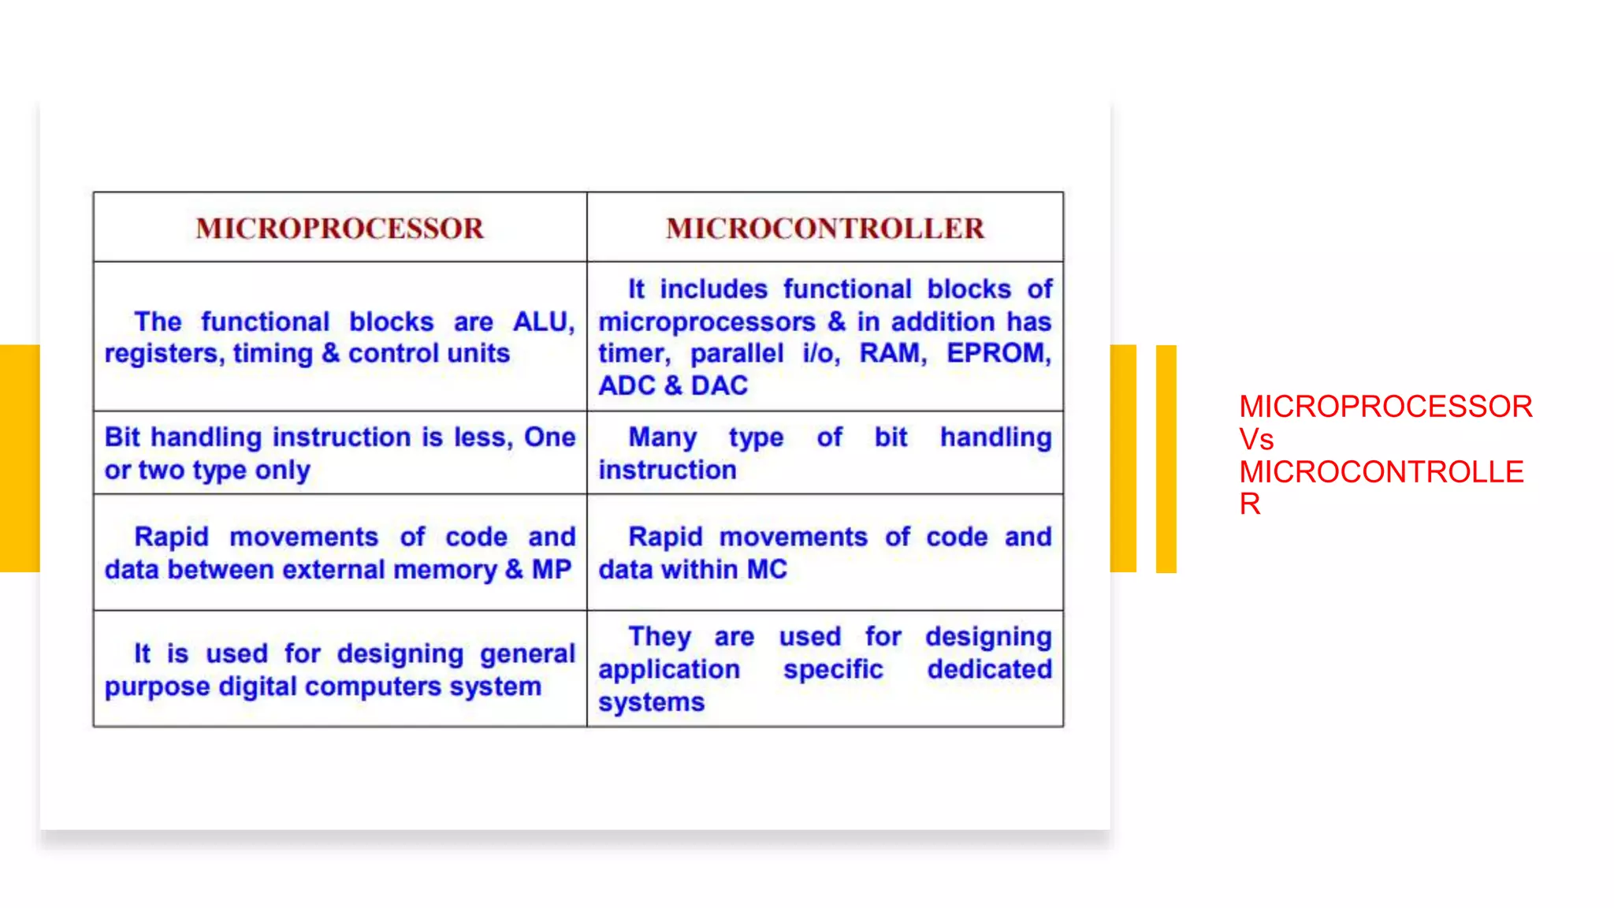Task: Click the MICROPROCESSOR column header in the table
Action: [x=340, y=229]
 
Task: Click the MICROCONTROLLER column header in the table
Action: [x=825, y=229]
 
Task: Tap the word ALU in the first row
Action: [x=542, y=322]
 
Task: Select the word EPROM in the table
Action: [x=998, y=353]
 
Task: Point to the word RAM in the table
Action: [x=891, y=353]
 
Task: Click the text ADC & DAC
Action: [x=673, y=385]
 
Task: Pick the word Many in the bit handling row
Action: [x=662, y=437]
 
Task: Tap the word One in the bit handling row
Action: [x=549, y=437]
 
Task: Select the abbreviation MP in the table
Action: [x=551, y=569]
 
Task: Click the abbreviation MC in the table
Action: [x=767, y=569]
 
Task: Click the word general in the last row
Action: [x=527, y=653]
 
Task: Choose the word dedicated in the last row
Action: [x=989, y=669]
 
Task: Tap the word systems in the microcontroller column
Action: [x=651, y=702]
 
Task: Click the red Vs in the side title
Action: [x=1255, y=439]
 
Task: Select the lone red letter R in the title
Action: [x=1249, y=504]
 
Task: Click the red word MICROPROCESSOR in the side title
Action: [x=1385, y=407]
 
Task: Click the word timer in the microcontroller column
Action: [x=634, y=353]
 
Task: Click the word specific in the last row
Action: [x=833, y=669]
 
